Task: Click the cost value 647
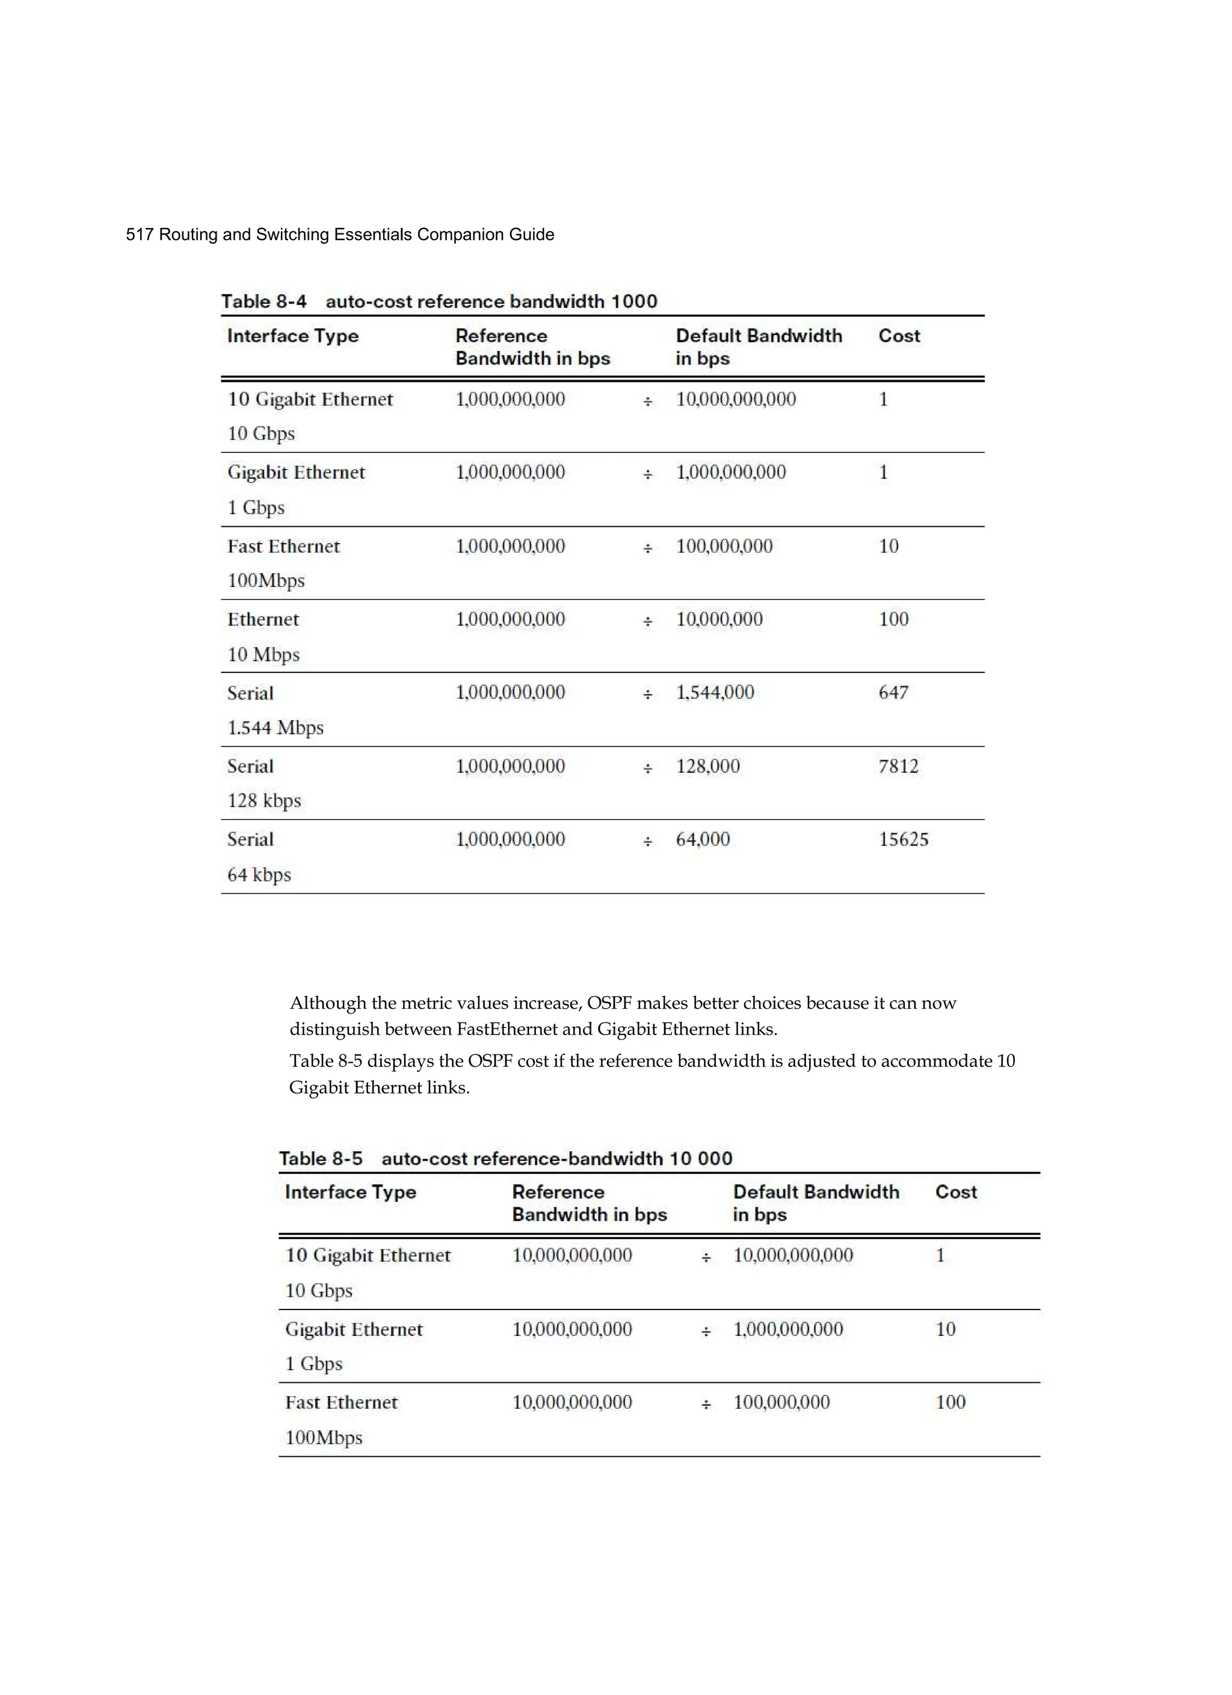893,692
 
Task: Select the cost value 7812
898,766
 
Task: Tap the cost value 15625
903,839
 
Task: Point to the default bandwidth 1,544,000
715,693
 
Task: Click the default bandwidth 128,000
707,766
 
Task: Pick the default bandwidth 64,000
702,839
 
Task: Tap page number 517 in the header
140,235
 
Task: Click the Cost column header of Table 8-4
899,336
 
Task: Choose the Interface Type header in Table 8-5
350,1192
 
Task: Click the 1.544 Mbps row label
275,728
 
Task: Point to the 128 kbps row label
264,801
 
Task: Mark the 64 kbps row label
259,875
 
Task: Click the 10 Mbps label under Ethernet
263,654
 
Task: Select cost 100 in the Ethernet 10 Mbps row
893,620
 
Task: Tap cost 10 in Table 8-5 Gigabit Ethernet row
945,1329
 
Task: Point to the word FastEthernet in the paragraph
507,1029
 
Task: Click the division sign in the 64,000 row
647,842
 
